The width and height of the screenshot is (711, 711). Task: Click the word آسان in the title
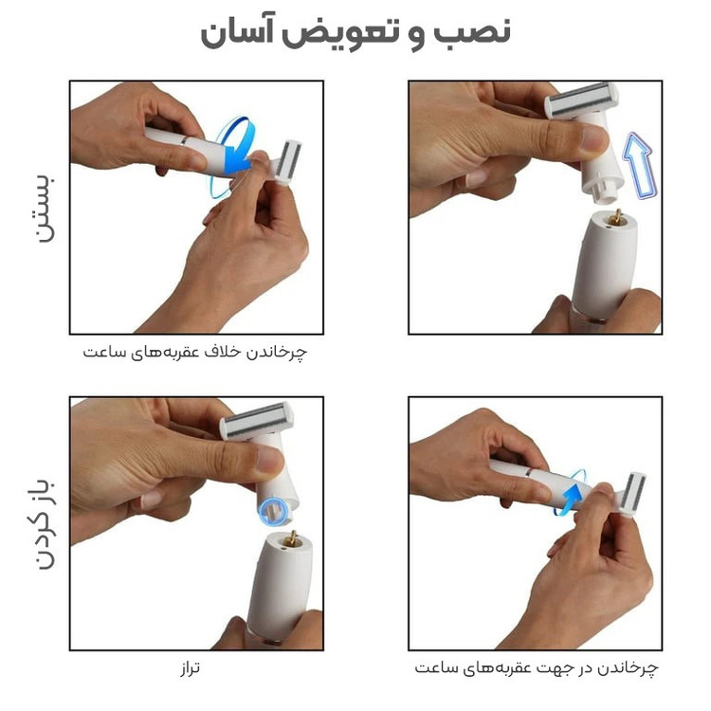(232, 32)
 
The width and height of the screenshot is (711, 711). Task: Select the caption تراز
(190, 668)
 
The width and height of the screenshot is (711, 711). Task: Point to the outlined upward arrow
(640, 166)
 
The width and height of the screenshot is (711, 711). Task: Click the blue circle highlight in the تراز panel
(273, 511)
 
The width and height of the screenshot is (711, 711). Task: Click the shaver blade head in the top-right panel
(581, 100)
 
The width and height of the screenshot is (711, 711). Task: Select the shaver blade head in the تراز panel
(257, 420)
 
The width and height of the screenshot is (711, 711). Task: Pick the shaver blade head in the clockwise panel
(632, 495)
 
